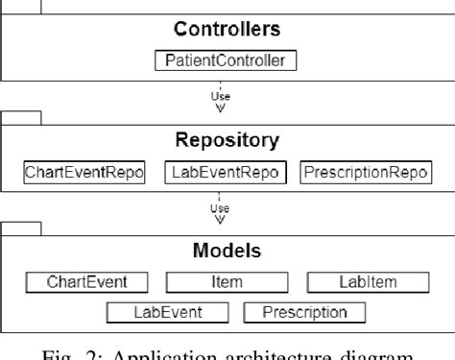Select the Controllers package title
pos(227,30)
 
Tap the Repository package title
pos(227,139)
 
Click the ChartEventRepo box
pos(84,173)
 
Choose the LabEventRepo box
pos(227,173)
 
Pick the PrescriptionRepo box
pos(365,173)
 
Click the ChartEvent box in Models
pos(89,282)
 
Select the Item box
pos(227,282)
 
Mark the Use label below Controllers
pos(227,96)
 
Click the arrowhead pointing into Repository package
pos(227,108)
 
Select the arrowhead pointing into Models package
pos(227,217)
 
